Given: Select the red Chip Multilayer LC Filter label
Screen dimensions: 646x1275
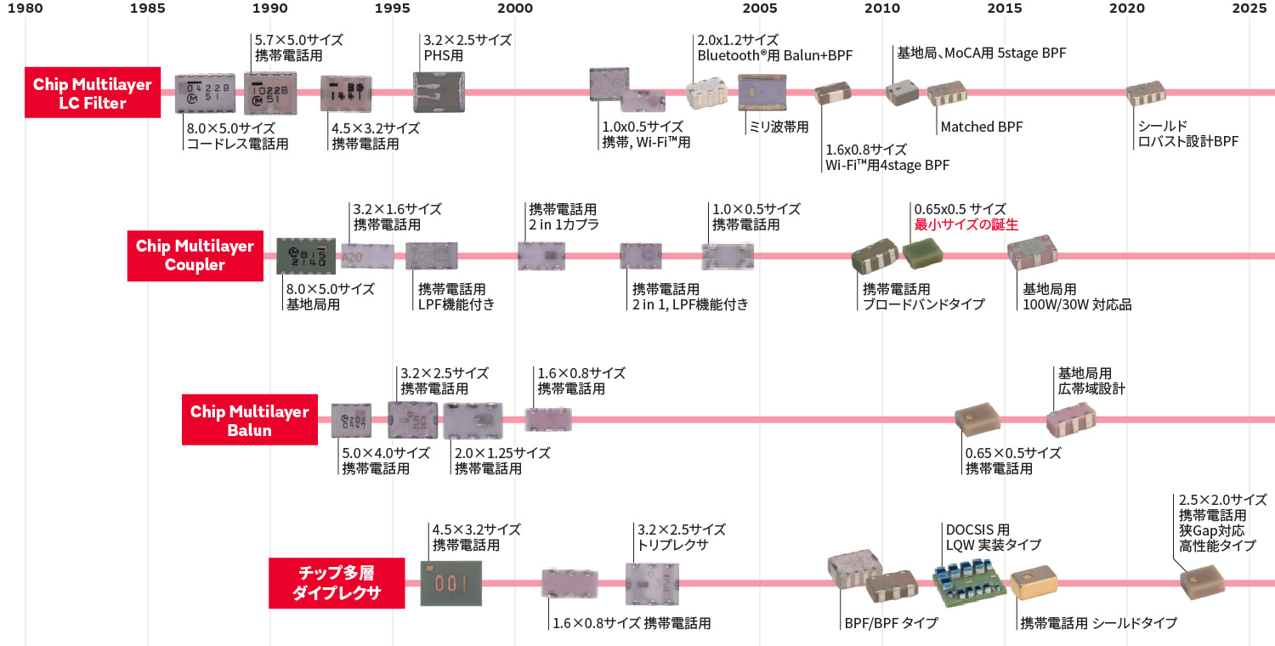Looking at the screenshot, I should click(93, 93).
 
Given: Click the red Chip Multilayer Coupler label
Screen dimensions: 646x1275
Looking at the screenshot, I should click(195, 255).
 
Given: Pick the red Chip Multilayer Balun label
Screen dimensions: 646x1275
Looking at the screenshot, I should click(249, 420).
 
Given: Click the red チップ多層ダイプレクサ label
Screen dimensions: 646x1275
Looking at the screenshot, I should click(336, 582).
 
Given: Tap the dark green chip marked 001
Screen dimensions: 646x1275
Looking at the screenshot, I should click(450, 582).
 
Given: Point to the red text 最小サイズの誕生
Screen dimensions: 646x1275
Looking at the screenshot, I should click(966, 224).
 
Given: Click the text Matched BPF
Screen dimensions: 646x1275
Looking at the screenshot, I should click(981, 127).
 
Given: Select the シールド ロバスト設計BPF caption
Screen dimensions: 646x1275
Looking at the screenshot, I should click(1187, 133).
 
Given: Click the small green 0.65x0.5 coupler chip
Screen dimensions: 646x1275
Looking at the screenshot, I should click(921, 252).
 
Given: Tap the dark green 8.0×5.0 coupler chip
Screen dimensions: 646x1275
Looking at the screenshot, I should click(300, 255).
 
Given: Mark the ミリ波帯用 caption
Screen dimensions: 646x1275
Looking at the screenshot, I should click(779, 127).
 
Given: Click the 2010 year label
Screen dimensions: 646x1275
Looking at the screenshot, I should click(882, 8).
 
